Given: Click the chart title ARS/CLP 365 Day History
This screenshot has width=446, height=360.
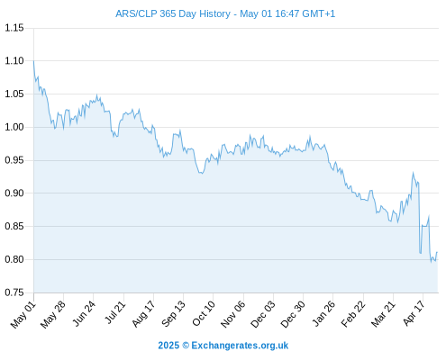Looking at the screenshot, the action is pos(173,13).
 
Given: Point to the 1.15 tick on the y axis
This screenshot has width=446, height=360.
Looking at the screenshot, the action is pos(14,28).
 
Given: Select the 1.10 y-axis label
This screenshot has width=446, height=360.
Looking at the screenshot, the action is pos(14,61).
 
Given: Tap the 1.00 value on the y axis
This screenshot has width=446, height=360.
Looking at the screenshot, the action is pos(14,127).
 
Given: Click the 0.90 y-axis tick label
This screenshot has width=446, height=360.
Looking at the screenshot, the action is pos(14,193).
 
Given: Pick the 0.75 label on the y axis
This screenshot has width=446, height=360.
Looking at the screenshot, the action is pos(14,292).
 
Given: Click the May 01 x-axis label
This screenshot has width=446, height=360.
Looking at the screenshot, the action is pos(23,315).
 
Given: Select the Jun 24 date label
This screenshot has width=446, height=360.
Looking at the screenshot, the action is pos(84,314).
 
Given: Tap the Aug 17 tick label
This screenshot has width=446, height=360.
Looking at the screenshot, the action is pos(144,314).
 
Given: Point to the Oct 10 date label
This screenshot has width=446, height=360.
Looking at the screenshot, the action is pos(204,314).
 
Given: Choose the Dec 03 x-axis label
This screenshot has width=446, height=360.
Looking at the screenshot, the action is pos(263,315).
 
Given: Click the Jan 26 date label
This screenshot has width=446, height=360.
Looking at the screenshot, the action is pos(323,314).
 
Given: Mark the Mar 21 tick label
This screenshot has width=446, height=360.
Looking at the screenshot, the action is pos(383,314).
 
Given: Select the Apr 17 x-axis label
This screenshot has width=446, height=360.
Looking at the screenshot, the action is pos(414,314).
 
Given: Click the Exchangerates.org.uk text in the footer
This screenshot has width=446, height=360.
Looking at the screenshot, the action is pos(240,346).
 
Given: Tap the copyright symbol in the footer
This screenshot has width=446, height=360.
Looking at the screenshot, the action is pos(186,346).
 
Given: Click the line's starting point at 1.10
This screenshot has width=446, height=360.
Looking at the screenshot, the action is pos(33,61).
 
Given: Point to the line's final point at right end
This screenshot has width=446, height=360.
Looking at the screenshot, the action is pos(437,252).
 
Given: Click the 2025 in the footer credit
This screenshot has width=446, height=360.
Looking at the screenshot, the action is pos(168,346).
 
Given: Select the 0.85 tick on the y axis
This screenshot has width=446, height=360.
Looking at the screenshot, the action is pos(14,226).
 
